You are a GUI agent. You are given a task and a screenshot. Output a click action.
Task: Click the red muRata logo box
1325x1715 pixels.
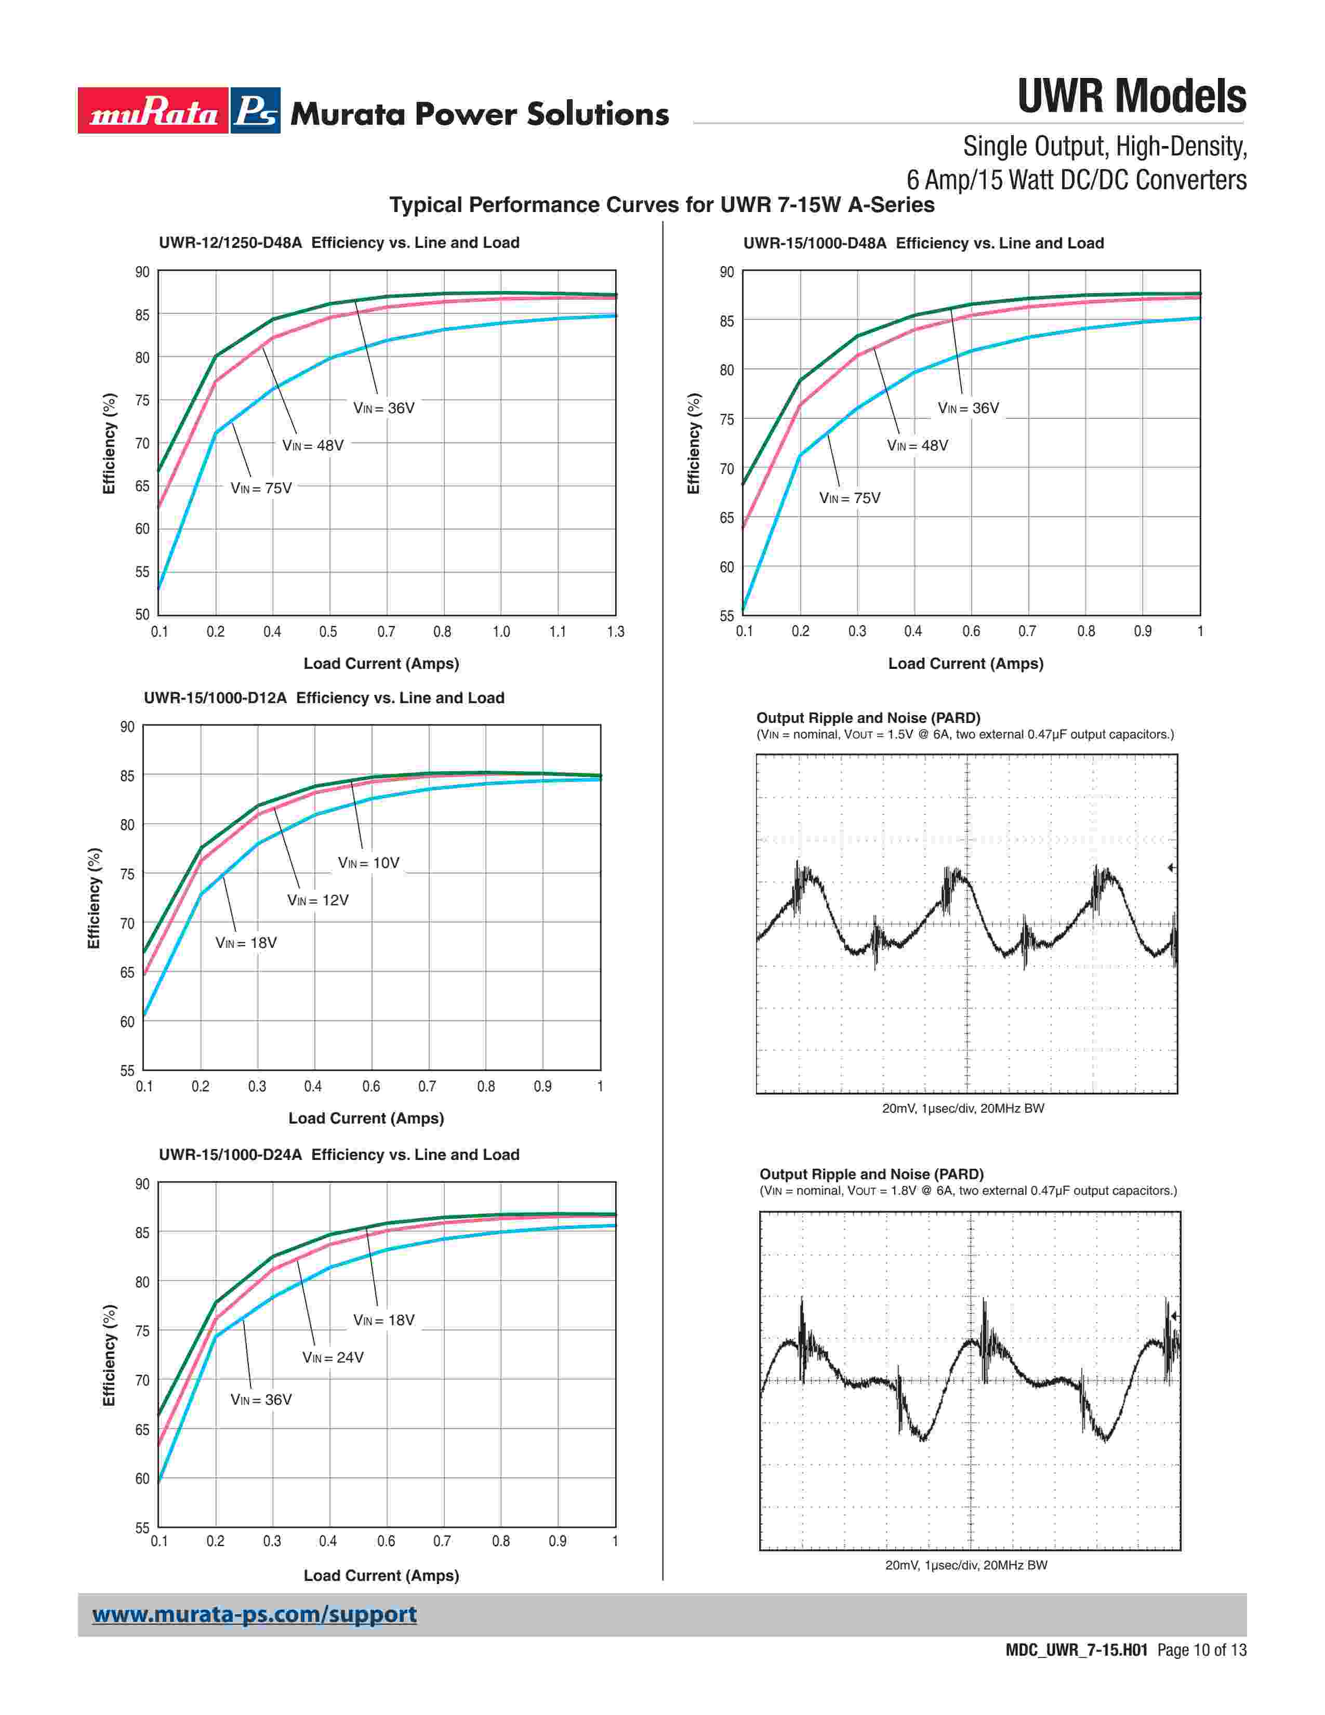(153, 111)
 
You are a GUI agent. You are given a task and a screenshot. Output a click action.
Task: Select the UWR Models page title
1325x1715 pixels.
(1131, 97)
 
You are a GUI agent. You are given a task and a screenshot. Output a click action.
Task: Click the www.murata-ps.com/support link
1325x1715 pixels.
(254, 1615)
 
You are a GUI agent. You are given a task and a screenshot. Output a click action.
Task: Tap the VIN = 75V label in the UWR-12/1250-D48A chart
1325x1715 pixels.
(261, 489)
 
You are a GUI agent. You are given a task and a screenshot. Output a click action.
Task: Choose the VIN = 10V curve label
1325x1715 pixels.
(368, 863)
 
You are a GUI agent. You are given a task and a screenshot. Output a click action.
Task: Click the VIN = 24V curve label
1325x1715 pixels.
(333, 1357)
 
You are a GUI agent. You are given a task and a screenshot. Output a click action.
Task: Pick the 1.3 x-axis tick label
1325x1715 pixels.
(615, 632)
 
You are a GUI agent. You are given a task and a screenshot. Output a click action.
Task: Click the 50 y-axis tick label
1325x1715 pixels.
(142, 614)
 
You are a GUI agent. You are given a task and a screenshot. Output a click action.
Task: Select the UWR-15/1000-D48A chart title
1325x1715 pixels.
(923, 243)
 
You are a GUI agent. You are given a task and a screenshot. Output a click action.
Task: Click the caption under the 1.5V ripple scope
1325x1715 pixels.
(963, 1108)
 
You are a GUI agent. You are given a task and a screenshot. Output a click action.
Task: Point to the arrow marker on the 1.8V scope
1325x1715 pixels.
(1174, 1316)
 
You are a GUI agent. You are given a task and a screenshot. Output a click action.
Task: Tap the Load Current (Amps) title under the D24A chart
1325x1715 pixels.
(381, 1575)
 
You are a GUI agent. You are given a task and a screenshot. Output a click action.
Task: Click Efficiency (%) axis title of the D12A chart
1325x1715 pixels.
(94, 899)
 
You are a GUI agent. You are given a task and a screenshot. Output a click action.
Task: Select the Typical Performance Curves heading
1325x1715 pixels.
(661, 205)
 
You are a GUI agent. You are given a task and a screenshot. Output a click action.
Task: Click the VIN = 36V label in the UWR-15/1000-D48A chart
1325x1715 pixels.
(968, 408)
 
